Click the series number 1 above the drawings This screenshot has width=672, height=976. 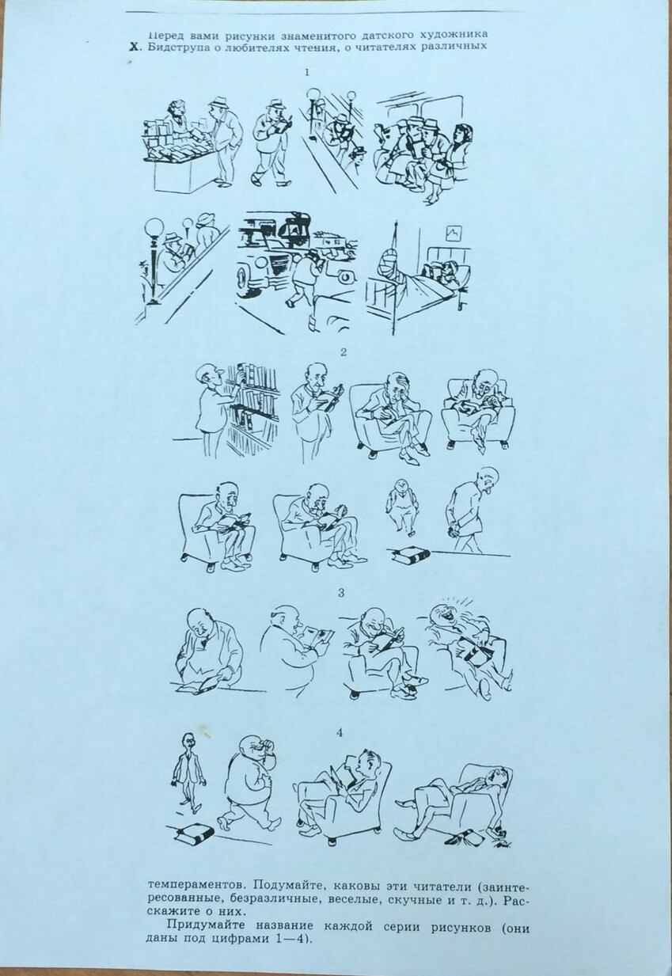pyautogui.click(x=307, y=73)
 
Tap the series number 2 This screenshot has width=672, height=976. pyautogui.click(x=344, y=352)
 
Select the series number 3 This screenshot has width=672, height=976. pyautogui.click(x=342, y=593)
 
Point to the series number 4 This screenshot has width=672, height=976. pyautogui.click(x=340, y=733)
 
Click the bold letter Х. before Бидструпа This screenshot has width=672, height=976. pyautogui.click(x=136, y=48)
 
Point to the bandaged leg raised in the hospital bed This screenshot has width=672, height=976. pyautogui.click(x=392, y=266)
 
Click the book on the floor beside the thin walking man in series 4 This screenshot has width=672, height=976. pyautogui.click(x=196, y=832)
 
